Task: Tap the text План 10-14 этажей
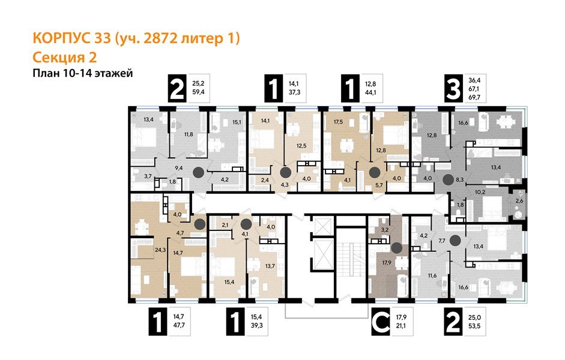(81, 73)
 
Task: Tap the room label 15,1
(237, 122)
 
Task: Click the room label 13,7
(270, 266)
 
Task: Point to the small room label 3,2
(387, 229)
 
